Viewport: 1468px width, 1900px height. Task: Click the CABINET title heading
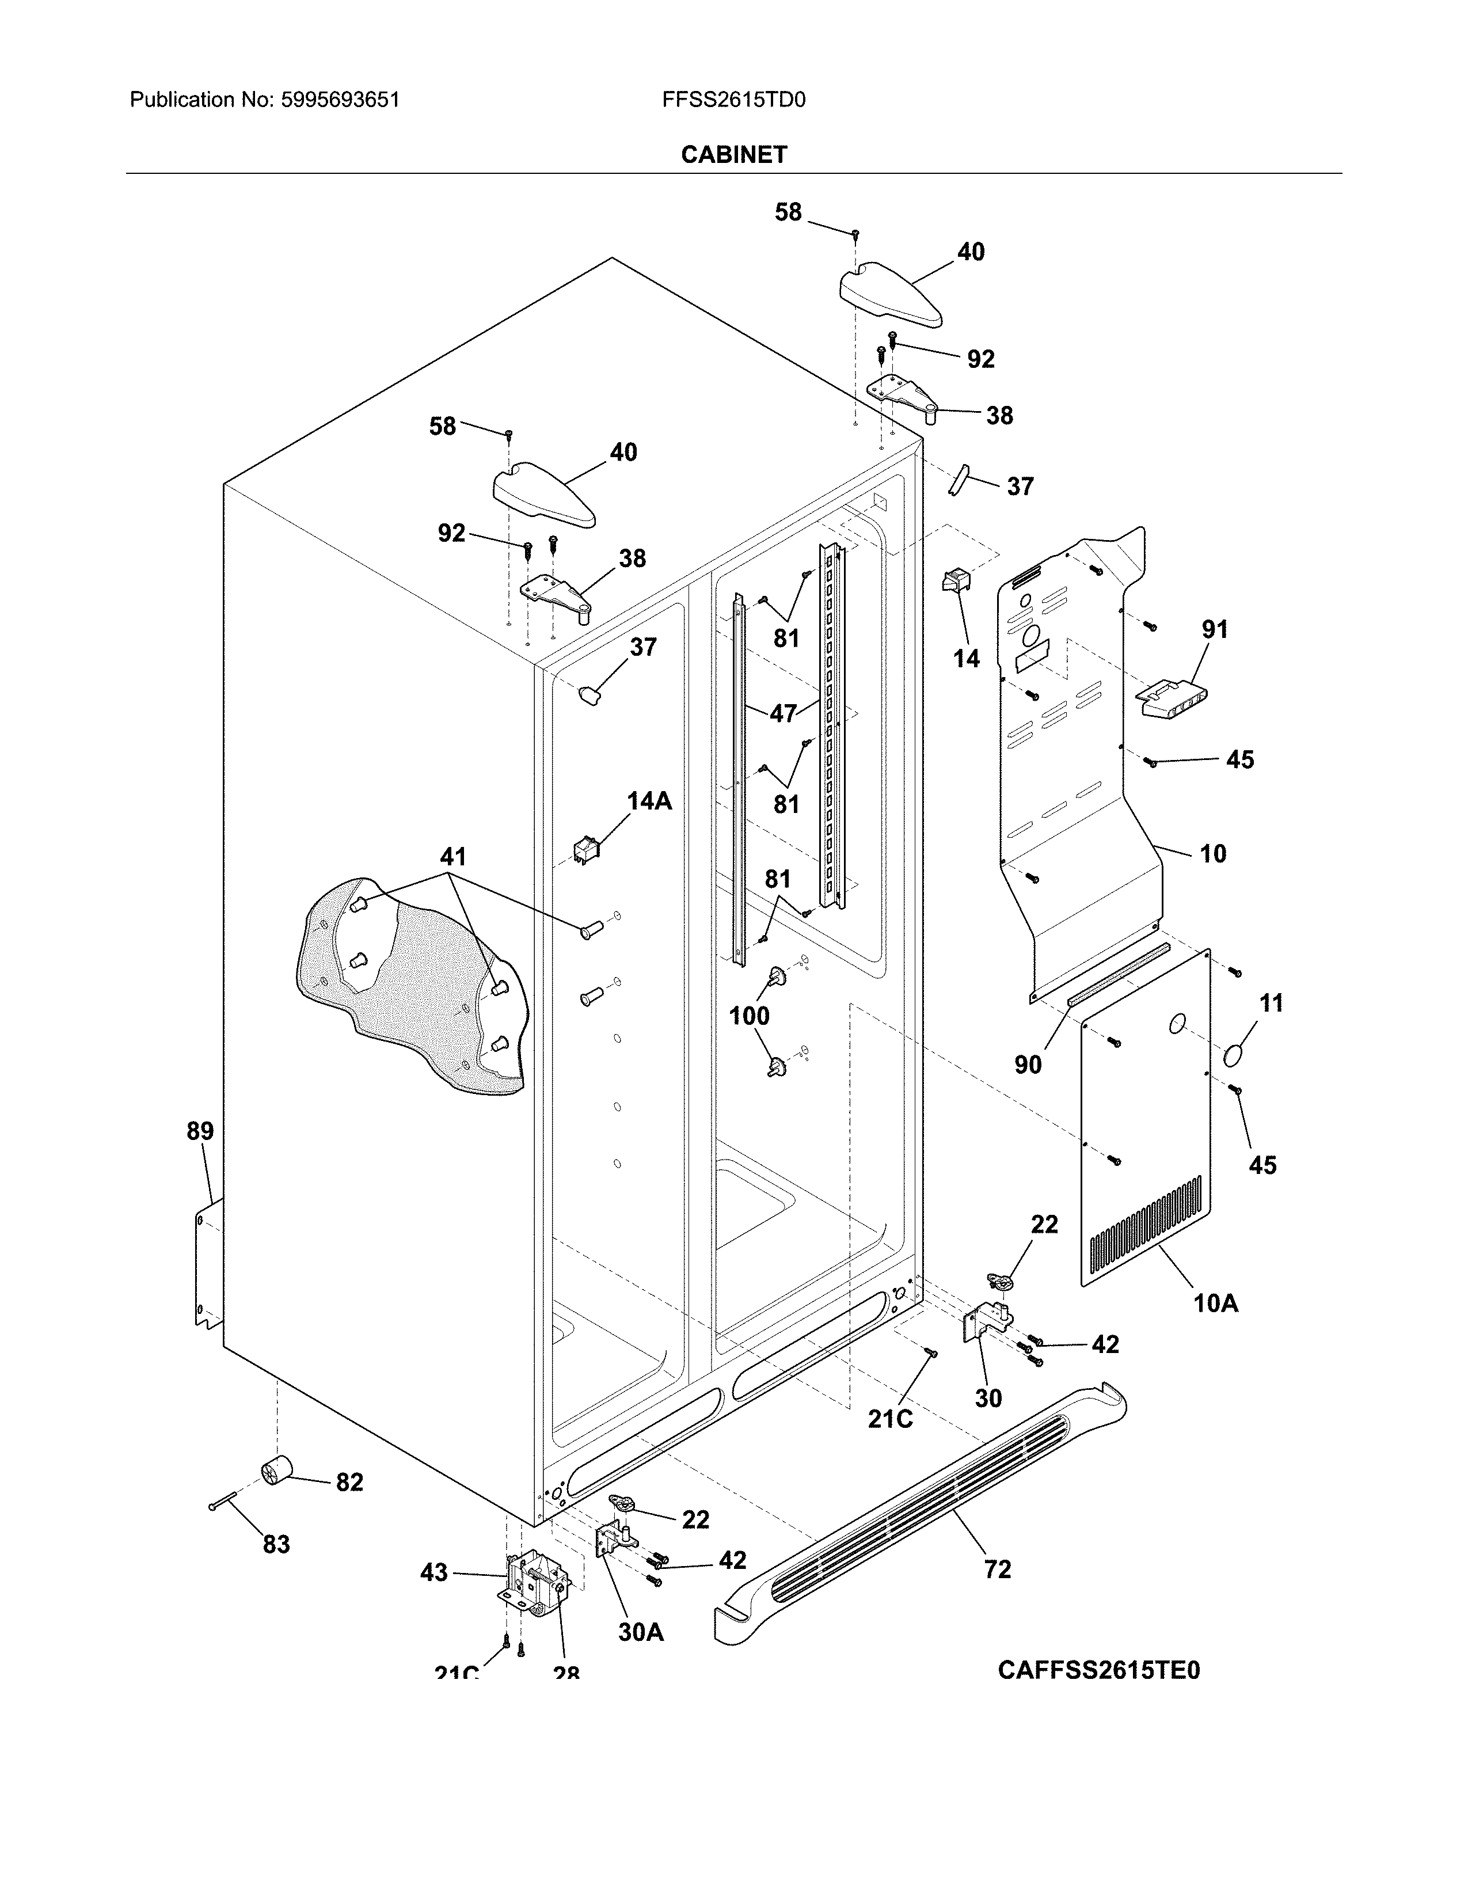733,155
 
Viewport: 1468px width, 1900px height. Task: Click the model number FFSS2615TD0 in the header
733,100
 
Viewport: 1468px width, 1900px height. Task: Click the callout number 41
452,857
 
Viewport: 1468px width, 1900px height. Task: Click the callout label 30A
641,1633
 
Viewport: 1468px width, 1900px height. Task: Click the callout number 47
783,713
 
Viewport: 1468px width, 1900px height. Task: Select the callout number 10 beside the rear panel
1212,853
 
